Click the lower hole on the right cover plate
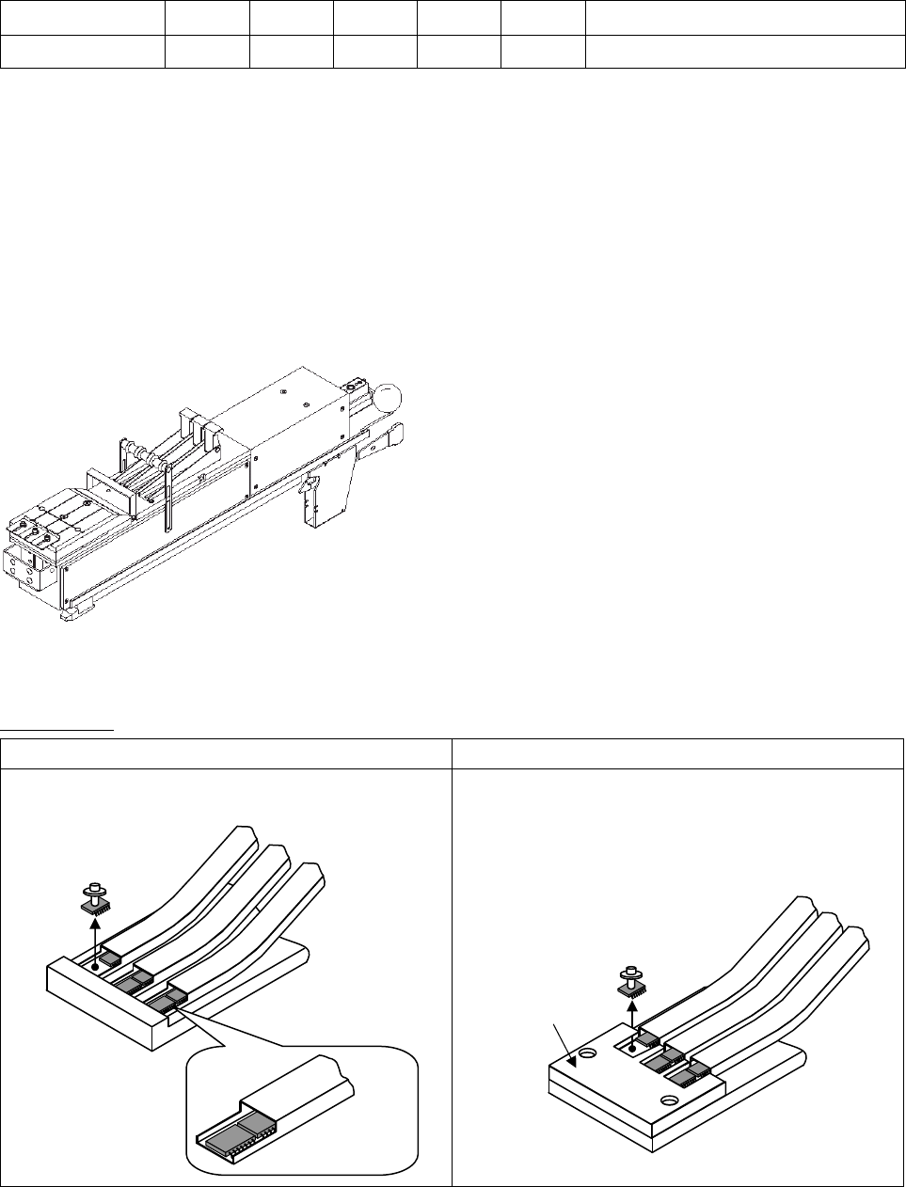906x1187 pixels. point(669,1100)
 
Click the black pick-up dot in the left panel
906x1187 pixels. point(95,966)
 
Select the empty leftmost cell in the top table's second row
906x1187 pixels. point(82,51)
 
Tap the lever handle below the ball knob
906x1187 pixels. point(380,441)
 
